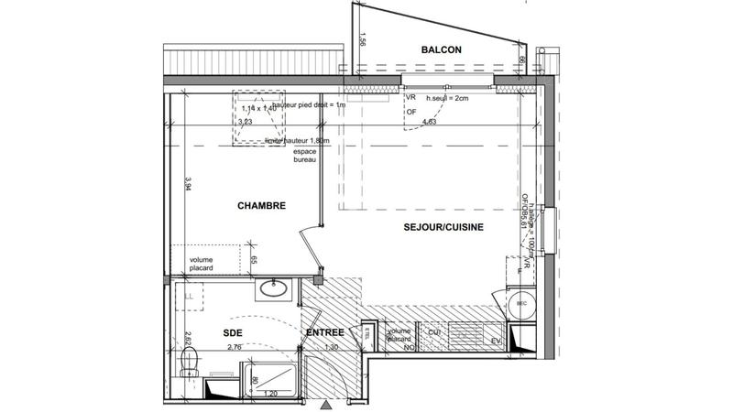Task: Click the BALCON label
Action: [x=441, y=49]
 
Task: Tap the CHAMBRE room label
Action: [x=263, y=207]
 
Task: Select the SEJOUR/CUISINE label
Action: [x=442, y=226]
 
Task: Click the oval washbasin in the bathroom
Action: [x=274, y=290]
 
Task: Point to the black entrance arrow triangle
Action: [x=327, y=403]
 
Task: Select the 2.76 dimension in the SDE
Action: [x=233, y=348]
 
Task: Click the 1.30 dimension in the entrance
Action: [x=332, y=348]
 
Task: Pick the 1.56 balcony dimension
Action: [x=363, y=40]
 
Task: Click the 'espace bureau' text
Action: [x=304, y=156]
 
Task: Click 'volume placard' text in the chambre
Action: [x=202, y=264]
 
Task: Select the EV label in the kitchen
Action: [x=496, y=342]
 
